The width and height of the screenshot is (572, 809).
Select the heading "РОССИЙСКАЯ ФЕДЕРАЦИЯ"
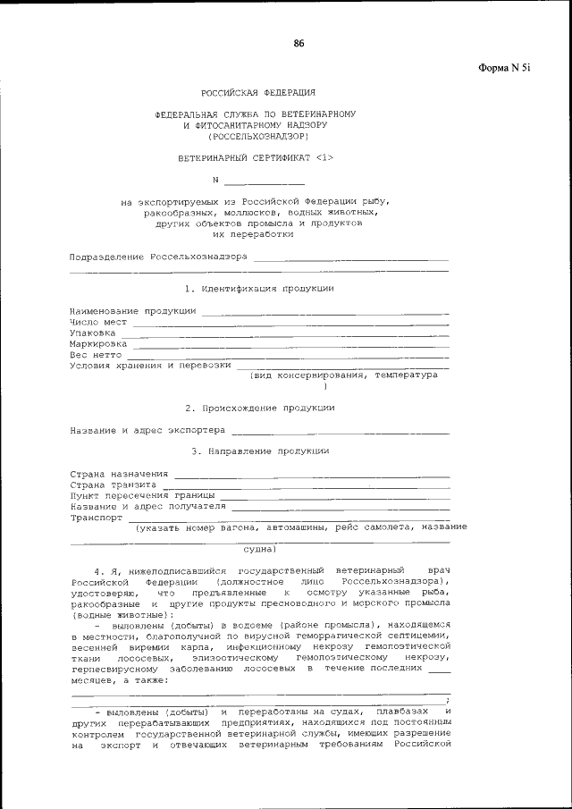(x=257, y=93)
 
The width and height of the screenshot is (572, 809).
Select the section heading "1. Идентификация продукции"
(x=259, y=289)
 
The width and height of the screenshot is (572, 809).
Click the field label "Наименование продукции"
(x=133, y=311)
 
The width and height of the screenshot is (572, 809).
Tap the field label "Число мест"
(x=98, y=322)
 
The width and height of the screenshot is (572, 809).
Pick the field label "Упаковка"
(x=93, y=333)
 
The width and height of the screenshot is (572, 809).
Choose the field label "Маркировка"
(x=98, y=343)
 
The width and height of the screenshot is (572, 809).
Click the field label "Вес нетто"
(x=96, y=354)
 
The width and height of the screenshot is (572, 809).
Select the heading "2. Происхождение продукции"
(x=259, y=408)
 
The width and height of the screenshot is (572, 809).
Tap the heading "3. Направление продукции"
(x=259, y=451)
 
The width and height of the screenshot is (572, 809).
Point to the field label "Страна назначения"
(x=120, y=473)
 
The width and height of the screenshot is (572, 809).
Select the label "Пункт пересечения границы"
(x=142, y=494)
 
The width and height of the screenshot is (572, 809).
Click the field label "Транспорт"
(x=97, y=517)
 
